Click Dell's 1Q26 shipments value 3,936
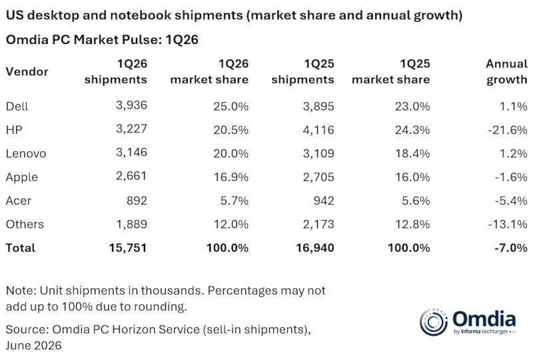click(x=131, y=105)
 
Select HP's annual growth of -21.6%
click(x=508, y=129)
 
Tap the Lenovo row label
click(x=26, y=153)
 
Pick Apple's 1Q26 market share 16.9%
click(x=231, y=177)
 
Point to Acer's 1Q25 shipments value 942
click(x=324, y=201)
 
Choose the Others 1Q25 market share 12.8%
click(x=412, y=224)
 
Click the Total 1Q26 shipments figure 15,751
click(x=128, y=248)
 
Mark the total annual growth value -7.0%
click(x=511, y=248)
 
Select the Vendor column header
click(x=27, y=71)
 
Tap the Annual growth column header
click(x=506, y=71)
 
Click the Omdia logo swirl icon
click(x=434, y=322)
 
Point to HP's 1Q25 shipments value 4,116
click(x=318, y=129)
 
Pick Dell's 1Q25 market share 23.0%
click(x=412, y=106)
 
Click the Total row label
click(x=21, y=248)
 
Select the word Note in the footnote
click(x=21, y=291)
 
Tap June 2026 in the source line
click(x=34, y=345)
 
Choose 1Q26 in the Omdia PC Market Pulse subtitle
click(x=182, y=40)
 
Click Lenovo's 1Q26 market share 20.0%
click(x=231, y=153)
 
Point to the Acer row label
click(x=19, y=201)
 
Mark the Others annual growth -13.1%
click(x=508, y=224)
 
